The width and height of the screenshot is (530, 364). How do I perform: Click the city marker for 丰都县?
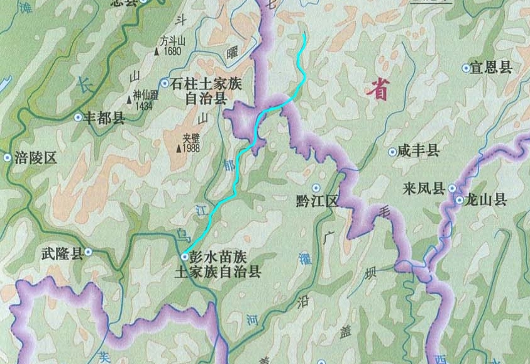tap(79, 117)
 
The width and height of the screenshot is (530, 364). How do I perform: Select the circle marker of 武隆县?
tap(89, 251)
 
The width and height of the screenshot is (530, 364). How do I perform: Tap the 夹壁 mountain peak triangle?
tap(179, 148)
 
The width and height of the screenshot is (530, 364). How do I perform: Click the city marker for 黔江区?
tap(316, 188)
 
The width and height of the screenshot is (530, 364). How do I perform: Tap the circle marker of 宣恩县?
tap(466, 67)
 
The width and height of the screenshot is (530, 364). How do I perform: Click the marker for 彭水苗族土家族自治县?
tap(184, 257)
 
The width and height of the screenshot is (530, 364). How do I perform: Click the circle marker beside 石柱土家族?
tap(165, 83)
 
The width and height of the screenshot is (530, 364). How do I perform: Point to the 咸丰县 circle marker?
tap(392, 152)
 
